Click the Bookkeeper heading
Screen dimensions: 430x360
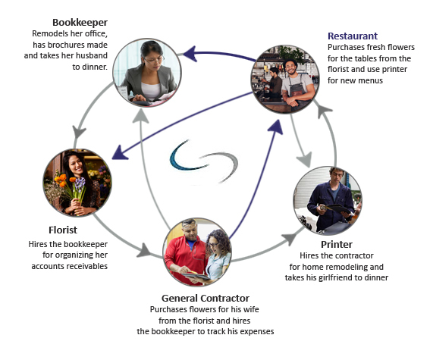point(80,23)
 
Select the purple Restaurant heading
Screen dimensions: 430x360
point(353,36)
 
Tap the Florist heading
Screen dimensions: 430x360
point(63,230)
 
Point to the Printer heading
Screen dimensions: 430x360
point(337,244)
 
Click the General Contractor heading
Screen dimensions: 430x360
point(206,298)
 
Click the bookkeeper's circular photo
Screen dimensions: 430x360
point(147,73)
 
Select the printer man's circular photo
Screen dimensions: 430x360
point(328,201)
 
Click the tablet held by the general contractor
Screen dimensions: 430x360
point(196,276)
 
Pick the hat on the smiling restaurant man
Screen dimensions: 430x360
point(290,61)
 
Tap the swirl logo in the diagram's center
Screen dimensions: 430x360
point(203,161)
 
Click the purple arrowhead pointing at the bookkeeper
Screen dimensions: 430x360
point(190,53)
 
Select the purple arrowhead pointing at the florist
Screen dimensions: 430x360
point(120,153)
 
